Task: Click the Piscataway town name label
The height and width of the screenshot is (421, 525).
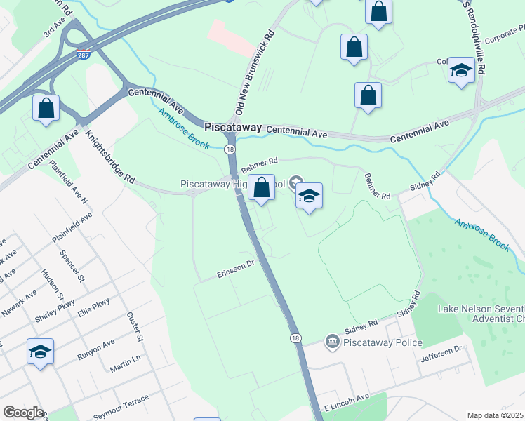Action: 232,128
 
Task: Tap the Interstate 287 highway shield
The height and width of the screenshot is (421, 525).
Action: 83,53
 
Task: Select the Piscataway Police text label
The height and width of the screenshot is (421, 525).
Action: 383,342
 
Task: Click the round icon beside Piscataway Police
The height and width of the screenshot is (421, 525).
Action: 331,342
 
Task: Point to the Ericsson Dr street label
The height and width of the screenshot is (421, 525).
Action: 236,269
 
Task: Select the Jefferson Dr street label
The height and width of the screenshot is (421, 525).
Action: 441,356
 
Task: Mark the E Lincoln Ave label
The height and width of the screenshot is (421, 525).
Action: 346,402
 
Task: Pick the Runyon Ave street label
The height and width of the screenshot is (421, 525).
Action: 95,349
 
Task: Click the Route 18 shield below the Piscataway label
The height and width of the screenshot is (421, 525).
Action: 230,149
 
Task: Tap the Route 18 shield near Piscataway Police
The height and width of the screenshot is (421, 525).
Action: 295,338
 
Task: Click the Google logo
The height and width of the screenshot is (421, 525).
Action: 23,413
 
